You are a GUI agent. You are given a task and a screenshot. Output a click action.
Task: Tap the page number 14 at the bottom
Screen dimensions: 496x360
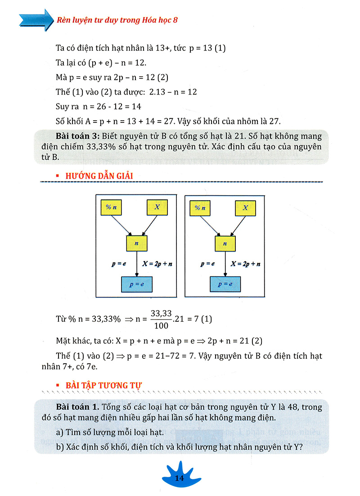click(180, 478)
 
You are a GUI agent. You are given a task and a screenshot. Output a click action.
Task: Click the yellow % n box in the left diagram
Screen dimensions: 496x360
click(112, 207)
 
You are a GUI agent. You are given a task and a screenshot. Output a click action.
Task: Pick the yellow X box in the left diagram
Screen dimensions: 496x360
click(157, 207)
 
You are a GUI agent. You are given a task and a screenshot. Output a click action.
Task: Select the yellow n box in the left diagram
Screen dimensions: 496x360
click(137, 243)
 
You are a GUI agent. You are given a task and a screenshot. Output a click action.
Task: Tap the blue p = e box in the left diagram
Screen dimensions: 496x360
click(137, 284)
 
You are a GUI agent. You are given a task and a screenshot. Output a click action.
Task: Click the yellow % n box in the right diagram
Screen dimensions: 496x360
click(200, 207)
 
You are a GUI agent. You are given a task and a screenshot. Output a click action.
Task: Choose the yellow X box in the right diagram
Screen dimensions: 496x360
click(245, 207)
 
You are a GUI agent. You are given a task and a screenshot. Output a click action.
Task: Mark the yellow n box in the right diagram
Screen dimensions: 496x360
click(225, 243)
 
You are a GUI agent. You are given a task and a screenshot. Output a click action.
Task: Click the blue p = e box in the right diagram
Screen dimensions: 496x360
click(225, 284)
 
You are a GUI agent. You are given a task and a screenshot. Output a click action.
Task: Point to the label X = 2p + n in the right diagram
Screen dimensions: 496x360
click(245, 264)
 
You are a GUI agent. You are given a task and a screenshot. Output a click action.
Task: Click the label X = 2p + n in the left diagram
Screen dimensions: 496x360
click(157, 264)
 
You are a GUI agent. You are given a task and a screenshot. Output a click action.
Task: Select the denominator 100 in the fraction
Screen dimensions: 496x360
click(161, 325)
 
